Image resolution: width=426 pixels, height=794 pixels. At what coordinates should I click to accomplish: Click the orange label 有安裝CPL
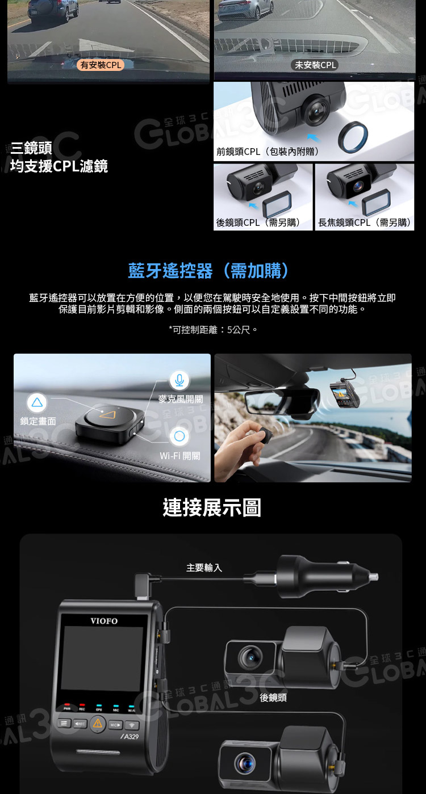101,65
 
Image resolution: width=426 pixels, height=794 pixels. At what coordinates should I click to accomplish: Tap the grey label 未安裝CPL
315,65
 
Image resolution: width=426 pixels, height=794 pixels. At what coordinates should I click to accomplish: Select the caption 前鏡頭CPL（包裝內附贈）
268,152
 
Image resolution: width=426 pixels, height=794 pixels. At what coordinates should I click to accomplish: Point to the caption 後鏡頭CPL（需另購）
259,222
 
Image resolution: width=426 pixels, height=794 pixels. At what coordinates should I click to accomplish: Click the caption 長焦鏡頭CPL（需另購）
365,222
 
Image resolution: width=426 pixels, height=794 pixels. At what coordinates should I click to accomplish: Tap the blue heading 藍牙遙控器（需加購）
209,271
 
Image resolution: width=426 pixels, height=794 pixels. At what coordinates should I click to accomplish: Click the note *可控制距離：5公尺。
213,330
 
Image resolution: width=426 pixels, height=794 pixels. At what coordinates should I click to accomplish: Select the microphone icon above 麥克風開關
179,380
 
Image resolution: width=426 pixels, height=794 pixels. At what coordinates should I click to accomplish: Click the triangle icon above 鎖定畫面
37,402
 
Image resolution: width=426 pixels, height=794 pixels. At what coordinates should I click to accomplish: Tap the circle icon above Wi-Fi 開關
179,436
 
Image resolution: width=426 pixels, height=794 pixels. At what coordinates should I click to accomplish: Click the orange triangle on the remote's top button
107,414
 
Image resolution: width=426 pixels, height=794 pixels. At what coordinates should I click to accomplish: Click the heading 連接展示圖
212,507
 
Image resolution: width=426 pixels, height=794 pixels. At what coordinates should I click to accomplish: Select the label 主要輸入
204,568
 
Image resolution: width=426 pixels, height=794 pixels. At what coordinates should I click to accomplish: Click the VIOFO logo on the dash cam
104,621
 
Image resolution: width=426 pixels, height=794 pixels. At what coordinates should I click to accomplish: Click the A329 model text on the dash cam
130,737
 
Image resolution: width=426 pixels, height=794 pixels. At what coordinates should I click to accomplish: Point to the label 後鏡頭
273,698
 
